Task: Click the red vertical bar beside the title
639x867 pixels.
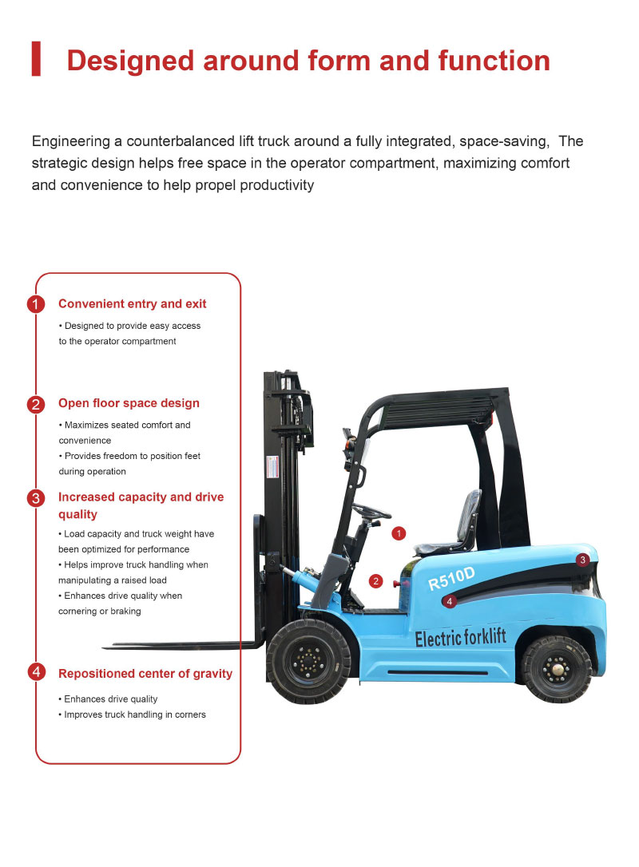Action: click(x=36, y=60)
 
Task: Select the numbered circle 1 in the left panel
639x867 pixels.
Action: click(x=36, y=304)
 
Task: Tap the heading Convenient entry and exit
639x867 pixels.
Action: click(x=132, y=304)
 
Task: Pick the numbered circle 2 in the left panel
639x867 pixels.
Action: click(x=36, y=404)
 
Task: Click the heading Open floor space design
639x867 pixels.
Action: click(x=129, y=403)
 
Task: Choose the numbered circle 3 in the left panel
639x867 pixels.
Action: click(x=36, y=498)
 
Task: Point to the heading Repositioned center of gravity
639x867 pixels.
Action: click(x=145, y=674)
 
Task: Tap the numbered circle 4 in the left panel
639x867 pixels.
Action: click(x=36, y=672)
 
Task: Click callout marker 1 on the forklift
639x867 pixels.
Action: click(x=400, y=532)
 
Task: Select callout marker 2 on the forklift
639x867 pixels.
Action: click(x=376, y=580)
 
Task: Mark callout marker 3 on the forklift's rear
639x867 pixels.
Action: click(x=583, y=560)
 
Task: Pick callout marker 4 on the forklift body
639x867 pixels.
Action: click(x=450, y=601)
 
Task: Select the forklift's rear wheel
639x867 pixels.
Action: click(x=556, y=668)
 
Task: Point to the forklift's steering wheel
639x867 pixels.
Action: click(x=371, y=512)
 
